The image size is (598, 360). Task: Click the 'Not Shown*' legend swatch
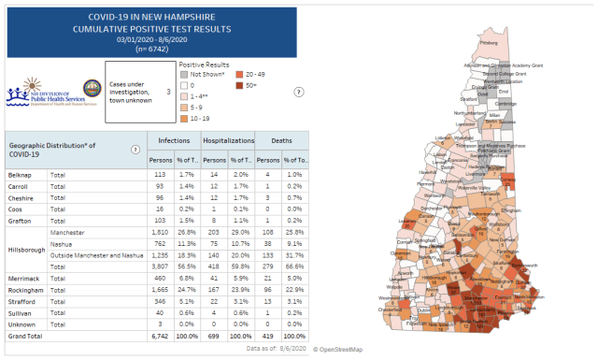(185, 73)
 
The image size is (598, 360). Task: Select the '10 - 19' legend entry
(185, 117)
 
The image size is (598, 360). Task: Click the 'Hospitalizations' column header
(229, 139)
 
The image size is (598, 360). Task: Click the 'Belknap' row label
(21, 174)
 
